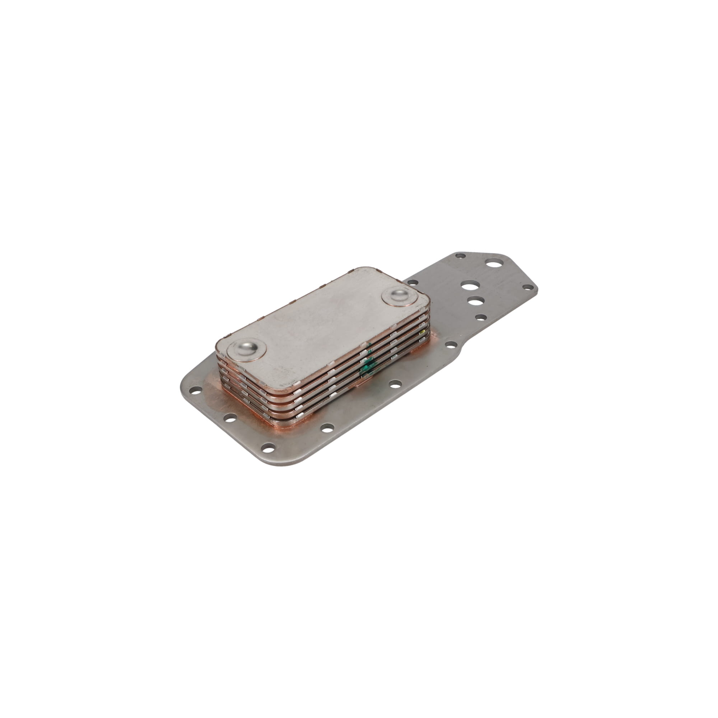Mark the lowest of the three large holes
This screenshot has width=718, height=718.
[x=475, y=300]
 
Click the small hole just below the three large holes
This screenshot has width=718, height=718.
[x=481, y=317]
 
